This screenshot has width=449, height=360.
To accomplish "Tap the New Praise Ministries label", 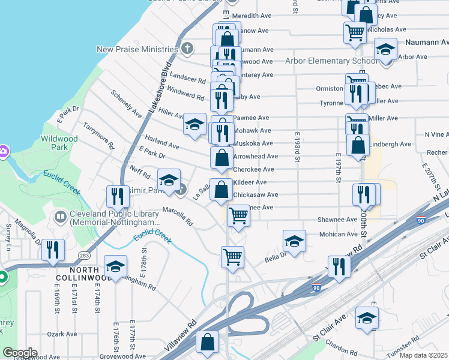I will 137,49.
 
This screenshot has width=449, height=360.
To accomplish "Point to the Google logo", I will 19,353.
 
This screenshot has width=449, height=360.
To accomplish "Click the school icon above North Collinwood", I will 115,266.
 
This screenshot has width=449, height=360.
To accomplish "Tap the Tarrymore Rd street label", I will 99,137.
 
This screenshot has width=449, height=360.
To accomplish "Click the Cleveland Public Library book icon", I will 60,216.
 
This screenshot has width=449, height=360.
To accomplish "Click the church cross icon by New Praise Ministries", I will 187,49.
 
